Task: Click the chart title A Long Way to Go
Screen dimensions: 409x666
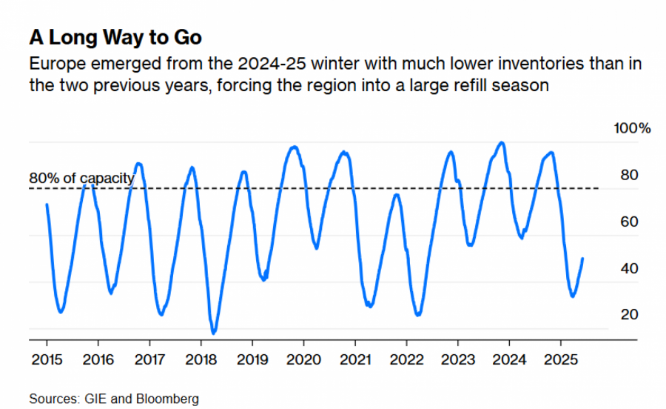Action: click(115, 37)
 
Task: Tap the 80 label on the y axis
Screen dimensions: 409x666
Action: click(628, 176)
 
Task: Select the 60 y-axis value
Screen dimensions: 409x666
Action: click(628, 222)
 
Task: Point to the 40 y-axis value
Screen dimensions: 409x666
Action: click(628, 268)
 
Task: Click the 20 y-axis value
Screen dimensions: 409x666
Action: click(628, 314)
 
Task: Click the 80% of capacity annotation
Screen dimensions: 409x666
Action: click(81, 178)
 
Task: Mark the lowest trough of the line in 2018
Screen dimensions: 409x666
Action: click(213, 333)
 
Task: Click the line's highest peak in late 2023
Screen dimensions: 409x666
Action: click(502, 142)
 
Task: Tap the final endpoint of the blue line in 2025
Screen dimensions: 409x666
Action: click(583, 259)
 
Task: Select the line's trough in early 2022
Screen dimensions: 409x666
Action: click(418, 315)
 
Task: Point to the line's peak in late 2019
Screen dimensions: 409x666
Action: click(295, 147)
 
